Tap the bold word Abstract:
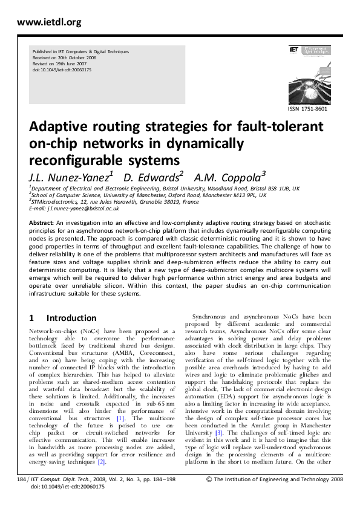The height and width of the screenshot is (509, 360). (x=42, y=223)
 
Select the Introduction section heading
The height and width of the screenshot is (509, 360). (x=71, y=318)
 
